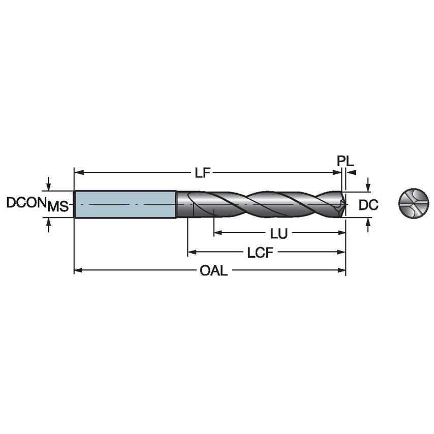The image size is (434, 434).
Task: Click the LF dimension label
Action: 202,173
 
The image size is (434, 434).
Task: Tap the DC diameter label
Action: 368,205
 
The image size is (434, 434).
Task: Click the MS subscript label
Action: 58,207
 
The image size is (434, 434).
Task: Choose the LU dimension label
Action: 279,233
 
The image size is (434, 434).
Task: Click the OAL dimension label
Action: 213,271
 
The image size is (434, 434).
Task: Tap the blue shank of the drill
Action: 125,204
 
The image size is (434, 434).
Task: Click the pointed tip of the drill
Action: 345,204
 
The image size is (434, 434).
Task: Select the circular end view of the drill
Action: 414,204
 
